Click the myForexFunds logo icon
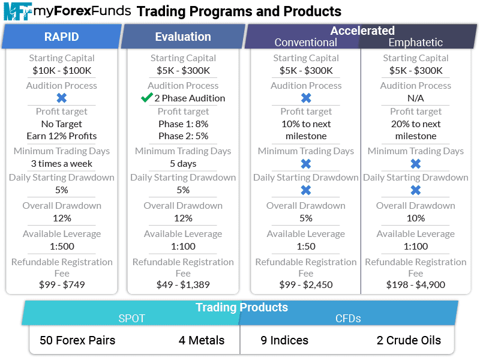tap(17, 11)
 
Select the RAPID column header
tap(61, 37)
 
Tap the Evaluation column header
tap(183, 37)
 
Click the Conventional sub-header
tap(305, 43)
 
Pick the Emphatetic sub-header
tap(416, 43)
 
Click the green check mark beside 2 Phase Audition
tap(146, 98)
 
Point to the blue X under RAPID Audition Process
tap(61, 98)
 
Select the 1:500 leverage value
tap(61, 246)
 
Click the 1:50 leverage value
tap(306, 246)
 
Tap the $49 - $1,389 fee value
tap(183, 284)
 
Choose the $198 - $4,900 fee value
tap(416, 284)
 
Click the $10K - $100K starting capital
tap(62, 70)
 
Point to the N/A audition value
tap(416, 98)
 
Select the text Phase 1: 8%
tap(183, 124)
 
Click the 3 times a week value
tap(62, 163)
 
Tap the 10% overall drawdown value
tap(416, 218)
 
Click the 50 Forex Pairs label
tap(77, 340)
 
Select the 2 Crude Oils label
tap(409, 340)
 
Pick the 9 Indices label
tap(284, 340)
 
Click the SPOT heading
tap(131, 319)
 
